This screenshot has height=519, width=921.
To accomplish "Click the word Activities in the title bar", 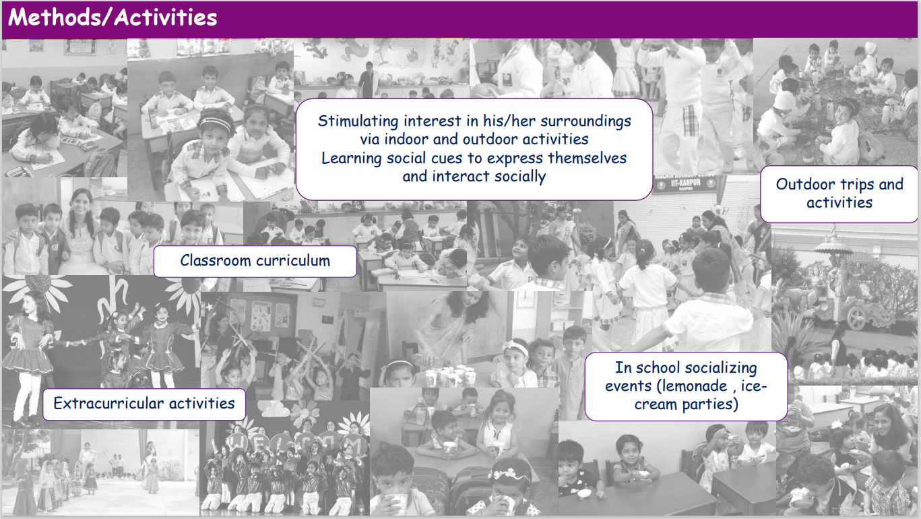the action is pyautogui.click(x=165, y=18).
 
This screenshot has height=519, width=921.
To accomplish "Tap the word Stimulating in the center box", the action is pyautogui.click(x=358, y=121).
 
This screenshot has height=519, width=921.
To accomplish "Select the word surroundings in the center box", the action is pyautogui.click(x=585, y=121).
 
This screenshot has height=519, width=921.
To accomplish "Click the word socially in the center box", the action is pyautogui.click(x=520, y=177).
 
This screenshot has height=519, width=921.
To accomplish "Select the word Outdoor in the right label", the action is pyautogui.click(x=805, y=184).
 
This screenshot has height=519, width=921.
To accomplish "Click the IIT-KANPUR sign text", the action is pyautogui.click(x=685, y=183).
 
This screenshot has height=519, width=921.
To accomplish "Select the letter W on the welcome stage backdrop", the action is pyautogui.click(x=238, y=443).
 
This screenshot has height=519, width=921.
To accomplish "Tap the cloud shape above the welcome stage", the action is pyautogui.click(x=276, y=410).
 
